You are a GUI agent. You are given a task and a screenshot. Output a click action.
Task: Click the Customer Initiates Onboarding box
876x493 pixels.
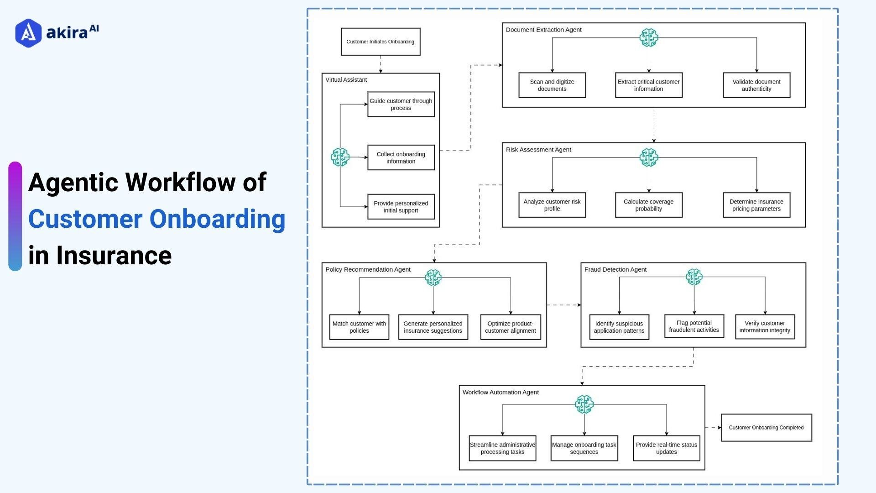pos(380,42)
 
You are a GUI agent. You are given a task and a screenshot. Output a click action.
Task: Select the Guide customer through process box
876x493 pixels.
pos(401,104)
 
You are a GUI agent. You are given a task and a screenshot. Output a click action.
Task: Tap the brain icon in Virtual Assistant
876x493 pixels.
pos(340,157)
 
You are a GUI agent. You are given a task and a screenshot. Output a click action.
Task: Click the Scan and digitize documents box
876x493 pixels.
pos(552,85)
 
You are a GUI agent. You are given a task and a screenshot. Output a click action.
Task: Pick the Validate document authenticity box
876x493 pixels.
pos(756,85)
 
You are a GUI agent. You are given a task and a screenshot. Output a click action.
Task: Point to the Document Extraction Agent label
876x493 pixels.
pos(543,30)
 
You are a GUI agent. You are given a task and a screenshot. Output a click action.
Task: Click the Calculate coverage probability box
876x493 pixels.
pos(648,205)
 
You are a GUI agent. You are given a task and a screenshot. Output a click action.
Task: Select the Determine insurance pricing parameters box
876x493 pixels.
pos(756,205)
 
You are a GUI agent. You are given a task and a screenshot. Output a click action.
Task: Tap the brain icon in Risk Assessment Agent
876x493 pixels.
pos(648,157)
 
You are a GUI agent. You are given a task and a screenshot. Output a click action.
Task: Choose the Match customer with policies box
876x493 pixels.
pos(359,327)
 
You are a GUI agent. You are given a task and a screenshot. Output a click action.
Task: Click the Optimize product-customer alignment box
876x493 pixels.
pos(510,327)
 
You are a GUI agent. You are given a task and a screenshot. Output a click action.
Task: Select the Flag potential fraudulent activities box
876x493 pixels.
pos(693,326)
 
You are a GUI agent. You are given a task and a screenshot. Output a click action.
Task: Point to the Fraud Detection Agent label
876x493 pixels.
pos(615,269)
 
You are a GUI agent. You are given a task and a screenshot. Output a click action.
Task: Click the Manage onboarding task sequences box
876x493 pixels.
pos(584,448)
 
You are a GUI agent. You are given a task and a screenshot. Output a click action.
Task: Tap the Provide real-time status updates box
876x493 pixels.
pos(666,448)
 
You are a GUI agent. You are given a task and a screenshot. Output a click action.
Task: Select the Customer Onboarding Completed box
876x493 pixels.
pos(766,427)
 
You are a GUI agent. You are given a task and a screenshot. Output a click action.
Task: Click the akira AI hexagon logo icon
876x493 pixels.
pos(28,33)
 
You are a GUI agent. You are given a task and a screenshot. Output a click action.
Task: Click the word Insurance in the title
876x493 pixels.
pos(114,255)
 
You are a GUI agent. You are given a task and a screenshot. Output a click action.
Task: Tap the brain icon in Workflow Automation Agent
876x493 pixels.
pos(584,404)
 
